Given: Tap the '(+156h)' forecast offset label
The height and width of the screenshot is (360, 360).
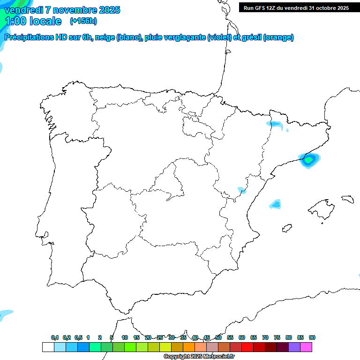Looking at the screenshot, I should pos(83,21).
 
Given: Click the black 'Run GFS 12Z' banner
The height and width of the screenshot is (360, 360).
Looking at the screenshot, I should pos(296,7).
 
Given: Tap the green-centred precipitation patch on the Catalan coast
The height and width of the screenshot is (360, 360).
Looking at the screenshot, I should pos(309,160).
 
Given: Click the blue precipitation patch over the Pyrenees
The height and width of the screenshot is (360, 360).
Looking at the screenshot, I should pos(275,124).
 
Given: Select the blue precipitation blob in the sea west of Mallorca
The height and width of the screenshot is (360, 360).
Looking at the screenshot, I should pos(276,204).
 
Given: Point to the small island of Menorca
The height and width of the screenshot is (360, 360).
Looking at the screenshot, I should pos(347,199).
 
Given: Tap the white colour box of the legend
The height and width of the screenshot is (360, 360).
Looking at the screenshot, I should pos(48,347).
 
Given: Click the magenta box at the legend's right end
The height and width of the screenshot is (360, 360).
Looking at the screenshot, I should pos(306,347).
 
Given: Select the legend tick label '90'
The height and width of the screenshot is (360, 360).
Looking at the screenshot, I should pos(312,337).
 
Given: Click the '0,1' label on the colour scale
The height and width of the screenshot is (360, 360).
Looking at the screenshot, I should pos(55,337).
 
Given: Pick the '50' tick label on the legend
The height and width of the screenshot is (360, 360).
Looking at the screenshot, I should pos(218,337).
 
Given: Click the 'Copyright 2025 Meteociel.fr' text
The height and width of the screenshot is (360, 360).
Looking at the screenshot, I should pos(199,356).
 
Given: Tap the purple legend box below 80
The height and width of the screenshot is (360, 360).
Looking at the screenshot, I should pos(294,347).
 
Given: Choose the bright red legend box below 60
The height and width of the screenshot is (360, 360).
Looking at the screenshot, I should pos(247,347).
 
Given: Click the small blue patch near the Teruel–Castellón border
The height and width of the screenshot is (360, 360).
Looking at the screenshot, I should pos(242,190).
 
